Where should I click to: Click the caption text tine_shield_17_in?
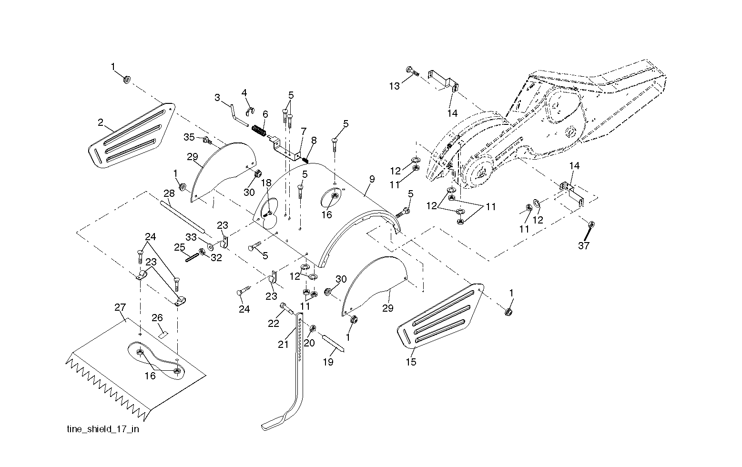102,429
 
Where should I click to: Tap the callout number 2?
101,122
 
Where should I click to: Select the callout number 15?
411,362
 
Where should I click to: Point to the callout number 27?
120,307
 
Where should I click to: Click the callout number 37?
583,246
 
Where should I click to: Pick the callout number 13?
394,86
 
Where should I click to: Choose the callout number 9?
372,179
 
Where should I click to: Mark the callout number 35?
189,137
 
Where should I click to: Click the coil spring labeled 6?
259,130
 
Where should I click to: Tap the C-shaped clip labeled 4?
250,112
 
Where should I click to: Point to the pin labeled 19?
334,343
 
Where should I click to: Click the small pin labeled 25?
192,257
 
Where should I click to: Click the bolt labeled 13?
413,71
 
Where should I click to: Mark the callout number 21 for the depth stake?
283,345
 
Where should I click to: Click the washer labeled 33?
210,246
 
